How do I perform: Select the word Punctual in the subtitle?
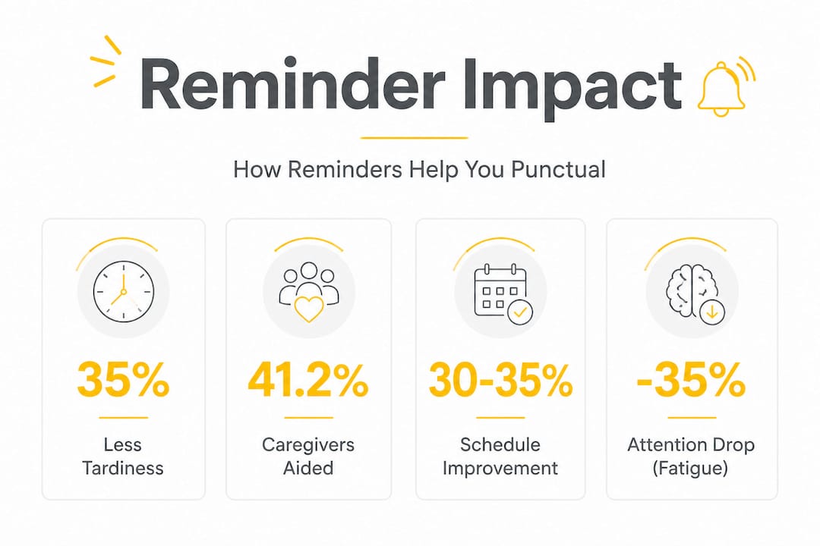(558, 171)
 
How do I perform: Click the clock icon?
(124, 291)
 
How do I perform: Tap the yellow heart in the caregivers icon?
(309, 309)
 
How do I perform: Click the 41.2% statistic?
(308, 381)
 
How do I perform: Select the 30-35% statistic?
(500, 381)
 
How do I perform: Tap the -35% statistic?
(691, 381)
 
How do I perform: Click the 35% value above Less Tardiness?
(124, 381)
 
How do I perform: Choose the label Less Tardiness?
(123, 456)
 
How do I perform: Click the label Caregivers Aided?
(308, 456)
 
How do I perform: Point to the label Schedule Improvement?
(500, 456)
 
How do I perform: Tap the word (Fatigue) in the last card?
(690, 468)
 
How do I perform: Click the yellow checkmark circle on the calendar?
(520, 312)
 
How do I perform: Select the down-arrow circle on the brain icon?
(712, 312)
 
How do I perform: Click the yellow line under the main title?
(415, 138)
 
